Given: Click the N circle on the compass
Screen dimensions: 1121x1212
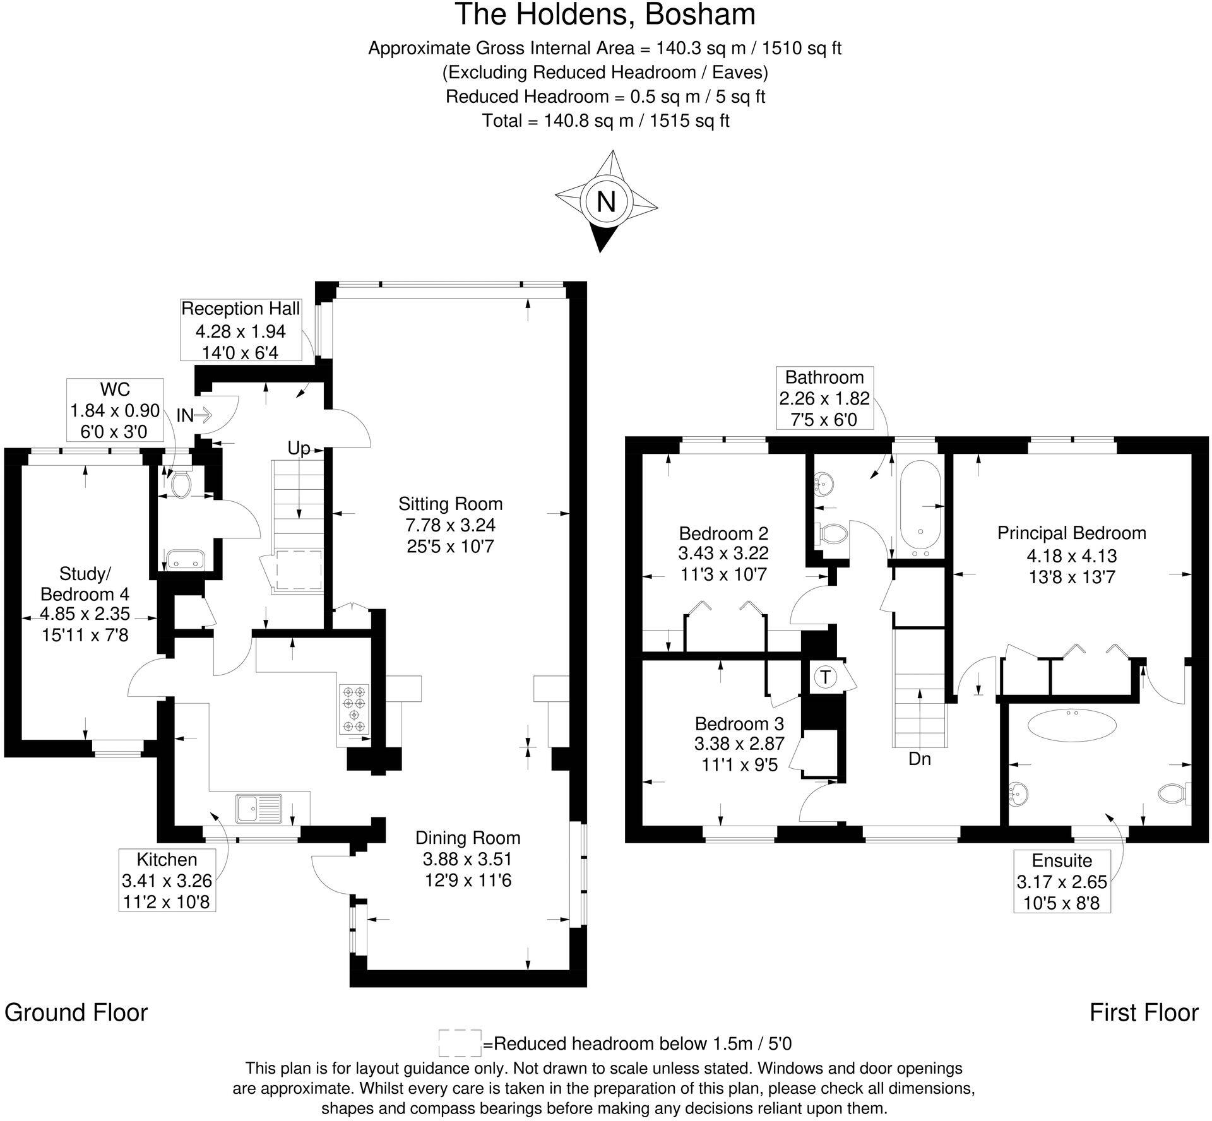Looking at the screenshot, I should [605, 202].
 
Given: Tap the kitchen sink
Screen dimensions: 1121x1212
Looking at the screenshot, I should [259, 809].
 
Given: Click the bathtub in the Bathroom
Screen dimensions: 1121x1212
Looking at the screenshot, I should [919, 505].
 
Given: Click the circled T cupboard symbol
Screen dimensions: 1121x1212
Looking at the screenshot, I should [824, 677].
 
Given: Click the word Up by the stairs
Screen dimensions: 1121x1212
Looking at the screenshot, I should [299, 448].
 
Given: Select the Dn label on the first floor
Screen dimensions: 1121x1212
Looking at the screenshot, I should [920, 759].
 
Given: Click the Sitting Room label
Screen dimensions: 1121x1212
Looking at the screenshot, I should [450, 504].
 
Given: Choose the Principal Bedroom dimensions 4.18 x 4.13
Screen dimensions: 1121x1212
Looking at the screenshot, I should [1071, 556].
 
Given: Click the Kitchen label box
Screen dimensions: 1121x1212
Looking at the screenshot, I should [167, 880].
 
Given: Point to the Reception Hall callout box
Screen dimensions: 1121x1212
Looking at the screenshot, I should [241, 330].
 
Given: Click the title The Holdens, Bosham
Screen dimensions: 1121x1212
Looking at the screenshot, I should [605, 15].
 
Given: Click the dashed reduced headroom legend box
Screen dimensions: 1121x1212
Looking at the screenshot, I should [460, 1043].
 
